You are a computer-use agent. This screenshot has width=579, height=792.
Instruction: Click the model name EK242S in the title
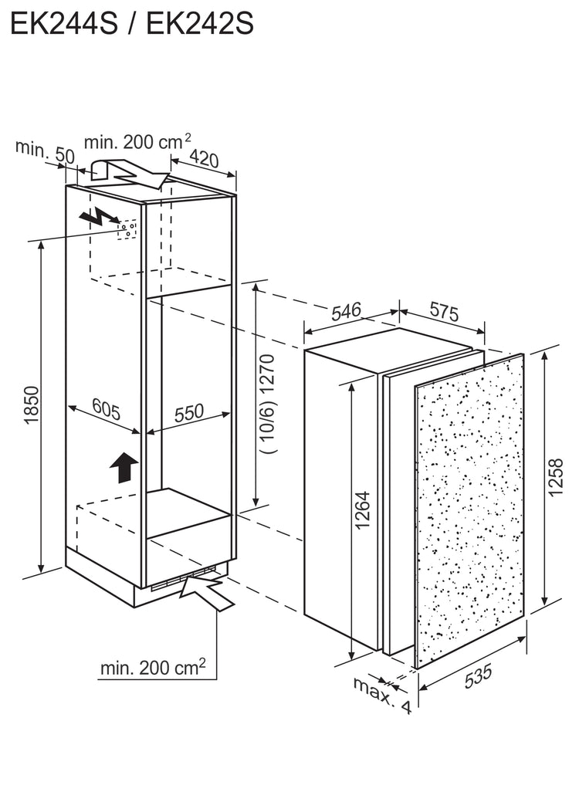(x=200, y=24)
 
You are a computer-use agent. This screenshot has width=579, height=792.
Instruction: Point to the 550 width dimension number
(x=189, y=413)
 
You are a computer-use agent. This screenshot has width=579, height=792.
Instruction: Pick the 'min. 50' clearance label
(x=45, y=152)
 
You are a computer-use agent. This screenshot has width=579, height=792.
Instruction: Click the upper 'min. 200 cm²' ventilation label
(x=137, y=141)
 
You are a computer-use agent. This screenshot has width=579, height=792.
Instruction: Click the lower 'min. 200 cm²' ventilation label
(x=153, y=668)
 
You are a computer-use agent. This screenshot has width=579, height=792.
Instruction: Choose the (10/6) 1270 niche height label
(x=268, y=404)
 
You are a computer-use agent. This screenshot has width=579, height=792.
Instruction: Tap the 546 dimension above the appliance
(x=347, y=311)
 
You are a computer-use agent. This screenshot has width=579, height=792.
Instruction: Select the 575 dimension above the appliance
(x=444, y=312)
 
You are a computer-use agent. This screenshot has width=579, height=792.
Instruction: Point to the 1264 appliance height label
(x=363, y=510)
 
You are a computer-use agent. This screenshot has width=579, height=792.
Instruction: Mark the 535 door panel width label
(x=477, y=676)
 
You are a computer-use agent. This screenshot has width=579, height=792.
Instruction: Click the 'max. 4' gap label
(x=382, y=696)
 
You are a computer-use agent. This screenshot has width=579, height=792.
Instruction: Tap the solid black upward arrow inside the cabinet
(x=124, y=467)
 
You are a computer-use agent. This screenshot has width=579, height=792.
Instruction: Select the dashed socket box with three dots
(x=127, y=230)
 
